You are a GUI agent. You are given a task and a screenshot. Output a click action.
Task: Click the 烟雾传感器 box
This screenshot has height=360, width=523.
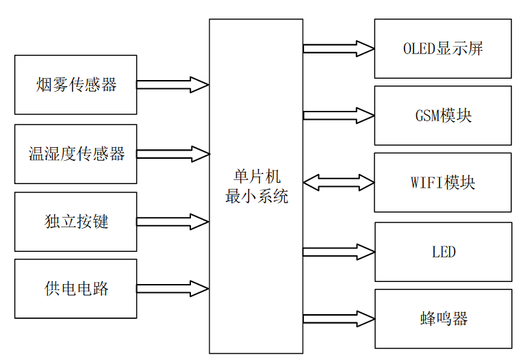(x=75, y=85)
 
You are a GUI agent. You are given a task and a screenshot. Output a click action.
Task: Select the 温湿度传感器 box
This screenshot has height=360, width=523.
(x=75, y=153)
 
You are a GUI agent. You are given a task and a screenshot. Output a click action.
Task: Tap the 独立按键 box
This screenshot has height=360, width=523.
(x=75, y=222)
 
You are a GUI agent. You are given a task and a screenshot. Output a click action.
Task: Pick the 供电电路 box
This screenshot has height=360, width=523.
(x=75, y=288)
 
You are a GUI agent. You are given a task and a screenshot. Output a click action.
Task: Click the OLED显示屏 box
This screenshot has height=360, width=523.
(x=442, y=49)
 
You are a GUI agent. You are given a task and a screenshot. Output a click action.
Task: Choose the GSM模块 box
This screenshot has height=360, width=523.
(x=442, y=115)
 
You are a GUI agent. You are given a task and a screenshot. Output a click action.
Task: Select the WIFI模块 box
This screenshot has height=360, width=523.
(x=442, y=183)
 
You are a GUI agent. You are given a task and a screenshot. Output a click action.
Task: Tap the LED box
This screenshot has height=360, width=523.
(x=442, y=252)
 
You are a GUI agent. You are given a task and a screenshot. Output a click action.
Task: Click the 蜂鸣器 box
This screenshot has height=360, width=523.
(x=442, y=319)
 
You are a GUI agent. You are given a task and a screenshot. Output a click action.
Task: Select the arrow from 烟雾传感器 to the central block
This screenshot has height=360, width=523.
(x=173, y=85)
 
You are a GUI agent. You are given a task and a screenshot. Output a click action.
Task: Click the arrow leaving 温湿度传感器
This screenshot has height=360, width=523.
(x=173, y=153)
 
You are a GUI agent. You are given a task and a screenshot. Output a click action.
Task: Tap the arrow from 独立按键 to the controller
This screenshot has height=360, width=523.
(x=173, y=222)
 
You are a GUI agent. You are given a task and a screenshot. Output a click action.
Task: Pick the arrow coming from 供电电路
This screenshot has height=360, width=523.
(x=173, y=288)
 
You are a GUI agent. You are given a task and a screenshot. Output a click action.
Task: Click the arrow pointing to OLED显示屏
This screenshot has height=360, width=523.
(x=338, y=49)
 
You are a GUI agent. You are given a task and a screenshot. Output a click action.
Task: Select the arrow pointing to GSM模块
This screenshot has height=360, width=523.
(x=338, y=115)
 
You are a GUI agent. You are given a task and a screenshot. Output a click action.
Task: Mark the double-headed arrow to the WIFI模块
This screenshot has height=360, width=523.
(x=338, y=183)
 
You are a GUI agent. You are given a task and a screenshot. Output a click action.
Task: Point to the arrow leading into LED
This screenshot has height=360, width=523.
(x=338, y=252)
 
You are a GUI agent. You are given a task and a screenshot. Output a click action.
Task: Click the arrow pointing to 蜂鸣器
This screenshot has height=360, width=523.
(x=338, y=319)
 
